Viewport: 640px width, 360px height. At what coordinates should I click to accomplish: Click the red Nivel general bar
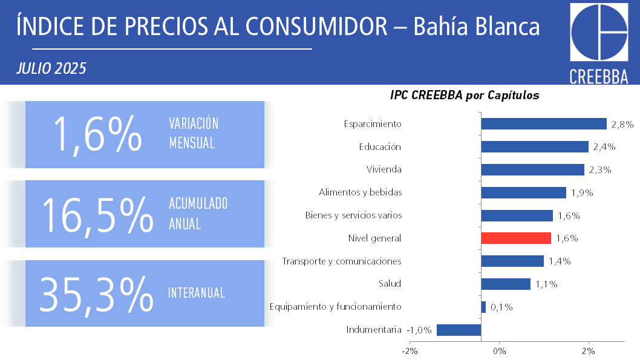(516, 238)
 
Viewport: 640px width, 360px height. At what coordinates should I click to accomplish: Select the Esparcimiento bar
(543, 123)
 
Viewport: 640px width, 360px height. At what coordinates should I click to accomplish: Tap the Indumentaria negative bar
(459, 330)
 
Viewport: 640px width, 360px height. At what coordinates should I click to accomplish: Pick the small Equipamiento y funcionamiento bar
(483, 307)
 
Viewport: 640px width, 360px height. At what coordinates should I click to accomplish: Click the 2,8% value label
(622, 125)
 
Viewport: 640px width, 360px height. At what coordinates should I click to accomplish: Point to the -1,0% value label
(419, 330)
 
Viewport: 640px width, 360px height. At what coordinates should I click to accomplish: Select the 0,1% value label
(501, 307)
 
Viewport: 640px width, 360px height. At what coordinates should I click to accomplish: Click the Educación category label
(380, 146)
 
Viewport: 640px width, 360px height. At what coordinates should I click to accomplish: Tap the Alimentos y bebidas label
(361, 192)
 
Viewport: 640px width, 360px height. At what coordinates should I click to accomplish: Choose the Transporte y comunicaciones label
(342, 261)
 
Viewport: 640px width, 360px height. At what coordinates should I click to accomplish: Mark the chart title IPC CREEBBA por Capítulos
(465, 95)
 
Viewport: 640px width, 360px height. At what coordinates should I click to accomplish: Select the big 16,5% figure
(97, 215)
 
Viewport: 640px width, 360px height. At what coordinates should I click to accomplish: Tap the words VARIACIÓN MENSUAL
(194, 133)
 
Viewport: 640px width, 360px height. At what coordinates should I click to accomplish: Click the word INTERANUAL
(197, 293)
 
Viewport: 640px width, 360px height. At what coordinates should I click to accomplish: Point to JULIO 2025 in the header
(51, 68)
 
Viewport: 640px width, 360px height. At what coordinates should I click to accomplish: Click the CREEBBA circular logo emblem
(599, 32)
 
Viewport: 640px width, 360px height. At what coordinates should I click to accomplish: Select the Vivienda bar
(532, 169)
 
